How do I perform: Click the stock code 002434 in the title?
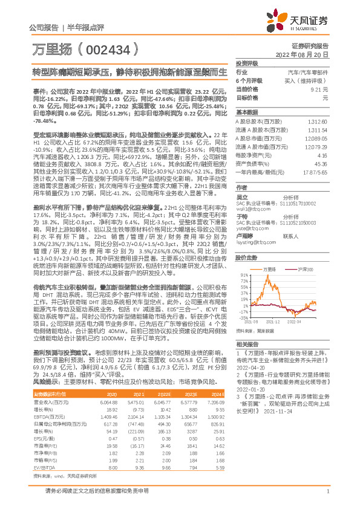[x=109, y=48]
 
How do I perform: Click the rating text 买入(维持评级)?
[x=307, y=80]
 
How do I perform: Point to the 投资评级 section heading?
[x=247, y=63]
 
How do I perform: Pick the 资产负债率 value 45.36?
[x=321, y=163]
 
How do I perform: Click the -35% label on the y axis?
[x=243, y=316]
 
